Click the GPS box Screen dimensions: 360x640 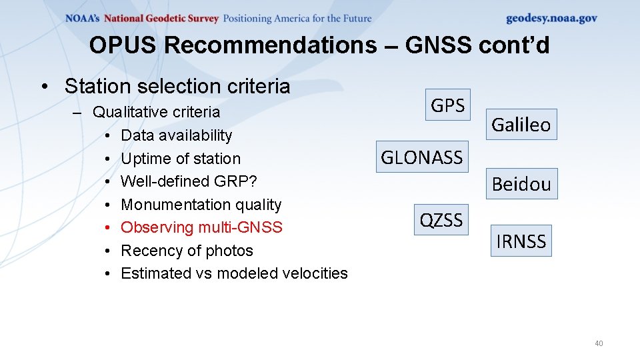pyautogui.click(x=448, y=105)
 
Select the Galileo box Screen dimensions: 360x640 pyautogui.click(x=521, y=124)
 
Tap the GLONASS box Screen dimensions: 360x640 pyautogui.click(x=422, y=157)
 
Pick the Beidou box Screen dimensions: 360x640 pyautogui.click(x=521, y=184)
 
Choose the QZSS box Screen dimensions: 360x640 pyautogui.click(x=441, y=219)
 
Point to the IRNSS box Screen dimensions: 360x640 pyautogui.click(x=521, y=241)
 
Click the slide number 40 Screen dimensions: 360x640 pyautogui.click(x=598, y=343)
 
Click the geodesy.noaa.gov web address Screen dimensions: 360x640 pyautogui.click(x=551, y=19)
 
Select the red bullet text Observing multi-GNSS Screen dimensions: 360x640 pyautogui.click(x=201, y=227)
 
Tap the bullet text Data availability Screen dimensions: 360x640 pyautogui.click(x=177, y=135)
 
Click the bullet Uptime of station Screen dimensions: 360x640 pyautogui.click(x=181, y=159)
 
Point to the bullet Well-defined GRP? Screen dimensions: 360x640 pyautogui.click(x=189, y=181)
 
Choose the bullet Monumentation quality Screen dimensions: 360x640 pyautogui.click(x=201, y=205)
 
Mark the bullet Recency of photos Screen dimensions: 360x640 pyautogui.click(x=187, y=251)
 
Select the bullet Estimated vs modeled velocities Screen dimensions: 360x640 pyautogui.click(x=234, y=273)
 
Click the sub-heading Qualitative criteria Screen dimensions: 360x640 pyautogui.click(x=156, y=112)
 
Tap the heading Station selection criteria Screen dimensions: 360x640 pyautogui.click(x=177, y=86)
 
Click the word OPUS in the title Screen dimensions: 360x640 pyautogui.click(x=123, y=45)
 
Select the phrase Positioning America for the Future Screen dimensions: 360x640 pyautogui.click(x=297, y=19)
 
